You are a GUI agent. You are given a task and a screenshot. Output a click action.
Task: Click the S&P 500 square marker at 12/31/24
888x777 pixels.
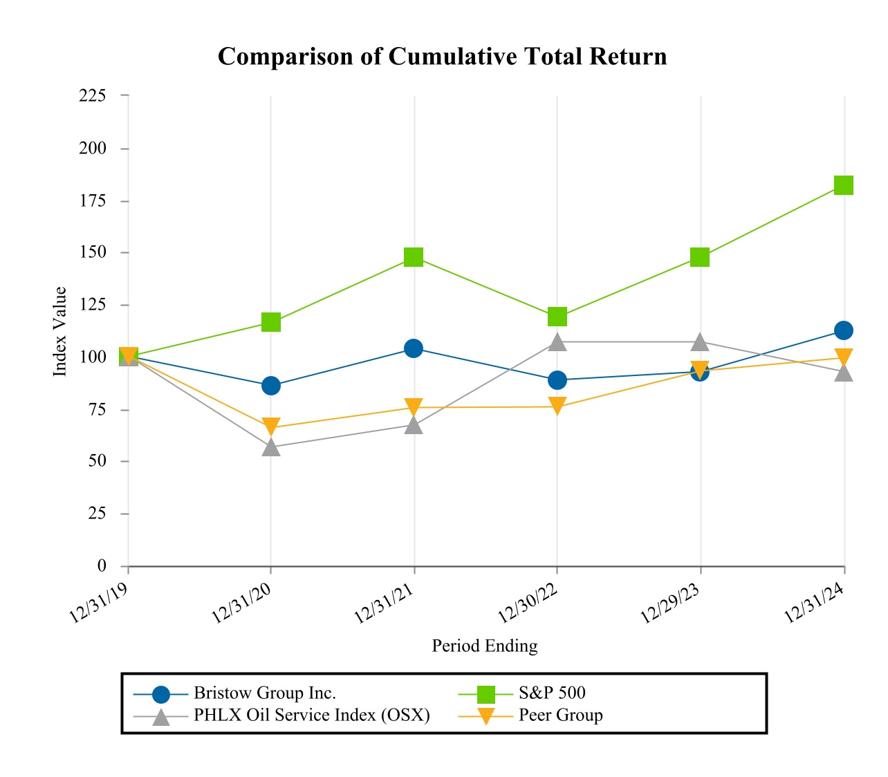(x=843, y=185)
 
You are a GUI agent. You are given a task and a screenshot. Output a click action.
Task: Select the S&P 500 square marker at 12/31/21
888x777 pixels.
(x=414, y=257)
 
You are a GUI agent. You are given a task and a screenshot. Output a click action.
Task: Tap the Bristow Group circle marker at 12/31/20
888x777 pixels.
(x=271, y=385)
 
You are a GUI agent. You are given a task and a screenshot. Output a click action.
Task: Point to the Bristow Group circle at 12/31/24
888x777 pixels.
(x=843, y=330)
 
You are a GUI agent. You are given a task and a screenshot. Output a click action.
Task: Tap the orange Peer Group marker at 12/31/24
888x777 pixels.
(x=843, y=357)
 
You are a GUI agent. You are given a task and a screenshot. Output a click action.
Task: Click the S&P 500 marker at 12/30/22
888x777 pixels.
(x=557, y=317)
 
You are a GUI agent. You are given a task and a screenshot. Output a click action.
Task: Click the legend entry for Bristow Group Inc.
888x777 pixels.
(x=265, y=693)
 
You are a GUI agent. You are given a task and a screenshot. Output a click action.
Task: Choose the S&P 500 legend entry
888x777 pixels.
(x=552, y=693)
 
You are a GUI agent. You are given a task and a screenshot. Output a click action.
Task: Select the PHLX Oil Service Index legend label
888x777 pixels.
(x=311, y=715)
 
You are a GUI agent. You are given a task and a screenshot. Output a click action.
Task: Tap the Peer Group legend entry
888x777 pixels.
(x=560, y=715)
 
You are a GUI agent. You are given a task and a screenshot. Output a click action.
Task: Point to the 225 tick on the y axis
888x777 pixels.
(x=93, y=95)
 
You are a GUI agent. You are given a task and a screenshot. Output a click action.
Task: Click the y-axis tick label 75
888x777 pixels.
(x=97, y=409)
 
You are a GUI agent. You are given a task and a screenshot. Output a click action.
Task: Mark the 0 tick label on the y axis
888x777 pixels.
(x=102, y=565)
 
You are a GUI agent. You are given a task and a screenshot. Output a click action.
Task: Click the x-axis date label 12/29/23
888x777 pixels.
(x=669, y=602)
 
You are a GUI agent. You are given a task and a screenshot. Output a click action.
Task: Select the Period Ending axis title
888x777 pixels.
(x=484, y=646)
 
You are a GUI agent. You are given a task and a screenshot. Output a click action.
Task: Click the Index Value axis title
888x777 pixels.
(x=61, y=331)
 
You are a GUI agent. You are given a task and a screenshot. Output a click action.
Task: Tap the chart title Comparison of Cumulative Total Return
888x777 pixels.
(x=443, y=56)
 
